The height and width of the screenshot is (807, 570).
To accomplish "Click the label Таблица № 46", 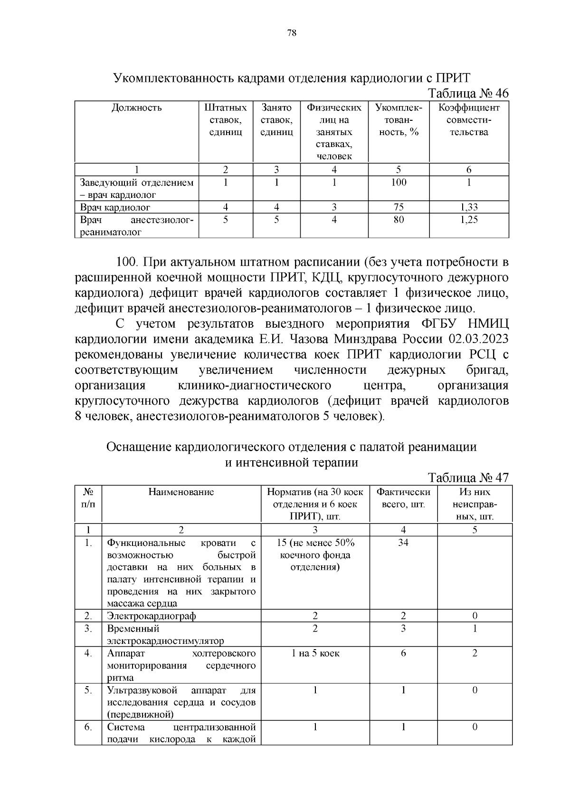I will click(468, 93).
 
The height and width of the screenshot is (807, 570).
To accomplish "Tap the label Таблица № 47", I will click(468, 477).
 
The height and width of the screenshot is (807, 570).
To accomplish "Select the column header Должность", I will click(136, 107).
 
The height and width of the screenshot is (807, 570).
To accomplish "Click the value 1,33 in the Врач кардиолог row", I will click(469, 207).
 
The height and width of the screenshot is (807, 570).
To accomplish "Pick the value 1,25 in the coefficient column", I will click(469, 220).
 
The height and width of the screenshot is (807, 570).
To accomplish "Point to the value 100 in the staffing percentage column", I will click(399, 183).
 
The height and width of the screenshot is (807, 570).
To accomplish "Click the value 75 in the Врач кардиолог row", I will click(399, 207).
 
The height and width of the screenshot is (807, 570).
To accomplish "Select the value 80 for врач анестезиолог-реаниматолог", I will click(399, 220).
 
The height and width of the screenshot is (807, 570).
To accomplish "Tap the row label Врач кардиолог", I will click(115, 207).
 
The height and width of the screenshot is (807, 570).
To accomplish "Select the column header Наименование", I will click(181, 492).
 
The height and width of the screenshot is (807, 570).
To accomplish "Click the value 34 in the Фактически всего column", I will click(403, 543).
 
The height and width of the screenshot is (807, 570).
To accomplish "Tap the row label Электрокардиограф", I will click(152, 616).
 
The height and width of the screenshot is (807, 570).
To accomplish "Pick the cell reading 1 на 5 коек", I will click(315, 653).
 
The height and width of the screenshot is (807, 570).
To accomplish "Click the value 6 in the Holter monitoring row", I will click(403, 653).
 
